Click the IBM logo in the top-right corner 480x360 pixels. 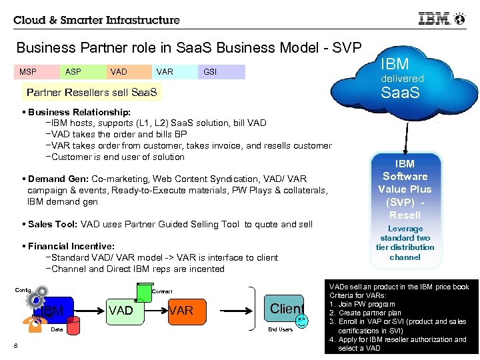(434, 19)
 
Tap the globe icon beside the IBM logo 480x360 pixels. (459, 19)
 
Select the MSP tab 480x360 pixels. (28, 72)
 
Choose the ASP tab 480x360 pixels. (73, 72)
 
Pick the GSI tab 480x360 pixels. (210, 72)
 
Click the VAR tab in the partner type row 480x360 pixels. (164, 72)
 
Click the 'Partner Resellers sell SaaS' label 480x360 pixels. (90, 92)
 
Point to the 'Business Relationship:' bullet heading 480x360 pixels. (79, 112)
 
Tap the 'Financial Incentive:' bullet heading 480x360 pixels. (71, 246)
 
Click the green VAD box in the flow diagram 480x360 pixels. (121, 310)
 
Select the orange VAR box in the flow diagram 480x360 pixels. (181, 310)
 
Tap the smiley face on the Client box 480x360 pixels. (302, 321)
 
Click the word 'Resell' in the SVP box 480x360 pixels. (405, 215)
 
